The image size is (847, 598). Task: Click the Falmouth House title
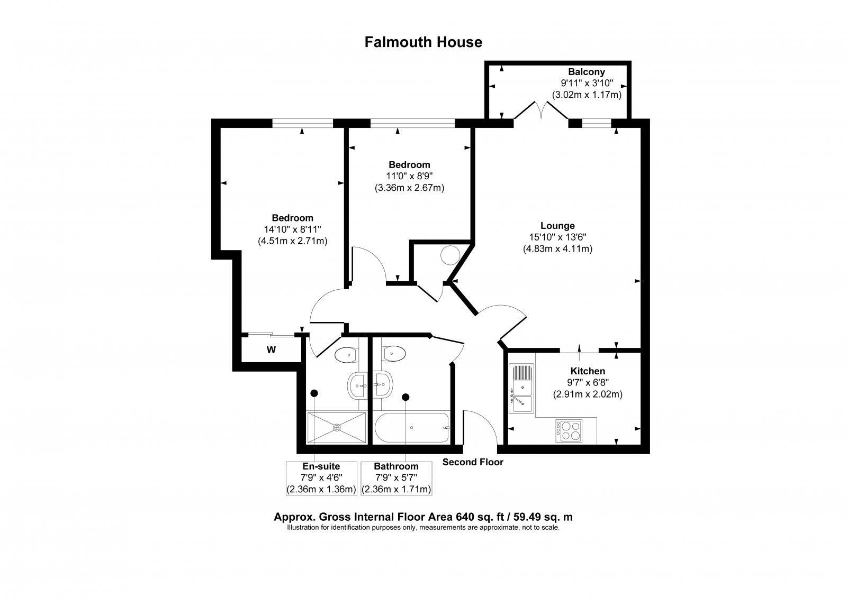(423, 42)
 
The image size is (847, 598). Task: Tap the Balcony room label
(586, 72)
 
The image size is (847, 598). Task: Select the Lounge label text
(557, 226)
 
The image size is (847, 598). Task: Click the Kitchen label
(587, 371)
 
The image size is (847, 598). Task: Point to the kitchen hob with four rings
(569, 430)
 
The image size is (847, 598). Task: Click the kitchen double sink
(521, 388)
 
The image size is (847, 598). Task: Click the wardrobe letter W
(271, 349)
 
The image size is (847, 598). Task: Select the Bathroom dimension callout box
(396, 478)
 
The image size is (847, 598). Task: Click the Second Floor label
(473, 463)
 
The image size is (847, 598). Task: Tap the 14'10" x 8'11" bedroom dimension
(293, 229)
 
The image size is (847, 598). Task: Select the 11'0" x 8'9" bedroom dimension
(409, 176)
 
